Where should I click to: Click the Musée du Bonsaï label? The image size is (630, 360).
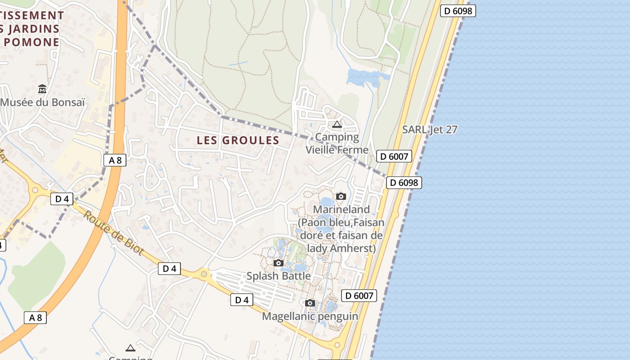(x=42, y=102)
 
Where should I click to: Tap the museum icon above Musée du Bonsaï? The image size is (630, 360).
(x=42, y=89)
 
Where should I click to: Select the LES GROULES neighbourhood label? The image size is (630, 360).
(x=238, y=140)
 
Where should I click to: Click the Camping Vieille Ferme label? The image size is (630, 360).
(x=337, y=143)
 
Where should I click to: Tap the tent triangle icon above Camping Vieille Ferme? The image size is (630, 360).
(x=337, y=124)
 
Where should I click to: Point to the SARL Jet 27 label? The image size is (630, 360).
(x=430, y=130)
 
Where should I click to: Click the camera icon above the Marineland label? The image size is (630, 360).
(x=341, y=196)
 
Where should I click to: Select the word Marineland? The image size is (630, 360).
(x=341, y=209)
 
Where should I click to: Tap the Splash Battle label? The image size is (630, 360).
(x=279, y=276)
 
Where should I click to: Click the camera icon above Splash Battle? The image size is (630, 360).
(x=279, y=263)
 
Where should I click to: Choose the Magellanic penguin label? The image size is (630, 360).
(x=310, y=316)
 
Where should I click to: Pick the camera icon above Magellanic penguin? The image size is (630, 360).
(x=310, y=303)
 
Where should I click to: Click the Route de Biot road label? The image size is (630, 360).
(x=113, y=232)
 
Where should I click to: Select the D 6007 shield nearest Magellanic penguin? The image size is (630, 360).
(x=359, y=296)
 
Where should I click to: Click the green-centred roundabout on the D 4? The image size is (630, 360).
(x=204, y=273)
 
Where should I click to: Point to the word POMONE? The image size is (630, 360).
(x=32, y=42)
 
